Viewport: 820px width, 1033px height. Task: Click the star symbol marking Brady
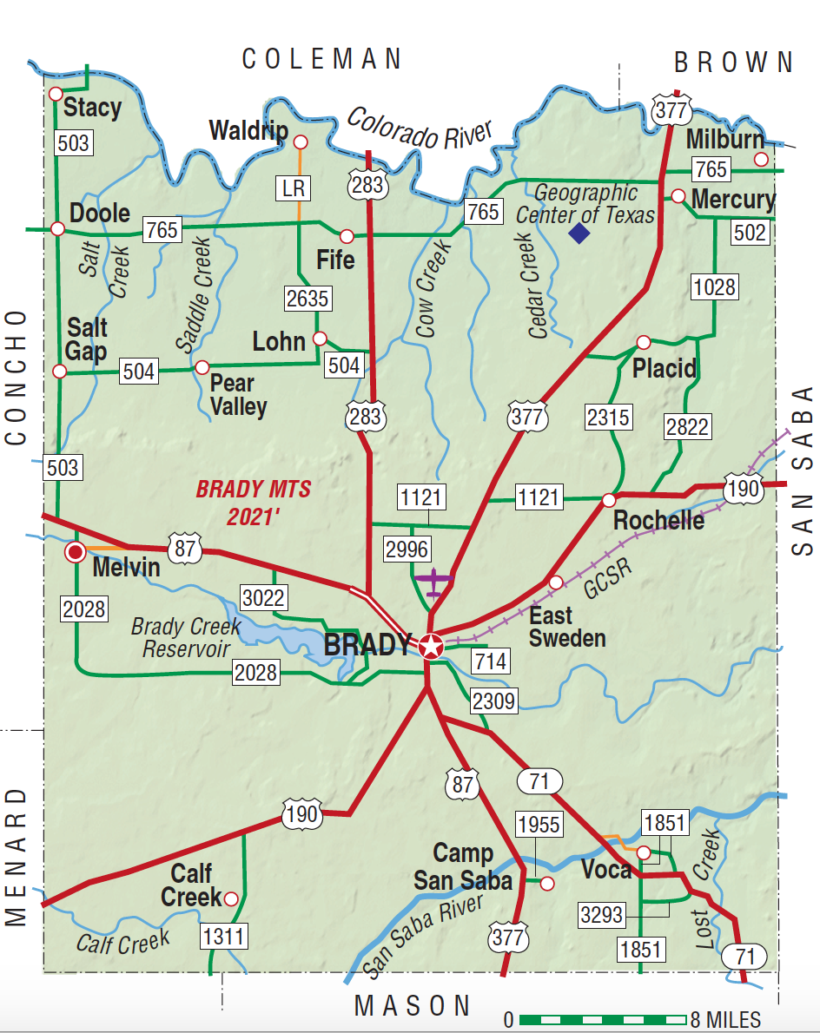click(x=430, y=646)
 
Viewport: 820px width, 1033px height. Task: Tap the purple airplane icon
click(x=433, y=580)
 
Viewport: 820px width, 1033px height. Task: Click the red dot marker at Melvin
click(x=76, y=552)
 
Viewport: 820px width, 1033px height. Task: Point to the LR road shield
click(x=296, y=187)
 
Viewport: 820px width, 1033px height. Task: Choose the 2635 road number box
click(x=307, y=299)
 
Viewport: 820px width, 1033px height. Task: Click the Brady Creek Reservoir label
click(x=182, y=637)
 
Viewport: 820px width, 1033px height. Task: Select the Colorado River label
click(x=420, y=128)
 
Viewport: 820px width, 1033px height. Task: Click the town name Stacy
click(x=92, y=109)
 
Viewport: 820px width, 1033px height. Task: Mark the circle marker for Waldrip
click(x=301, y=141)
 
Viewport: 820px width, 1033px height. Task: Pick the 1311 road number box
click(x=224, y=936)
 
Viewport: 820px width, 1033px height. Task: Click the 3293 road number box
click(x=603, y=914)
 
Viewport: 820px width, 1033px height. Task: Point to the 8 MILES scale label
click(x=725, y=1019)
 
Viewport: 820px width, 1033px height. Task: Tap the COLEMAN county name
click(x=322, y=59)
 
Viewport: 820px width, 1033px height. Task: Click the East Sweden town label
click(x=563, y=628)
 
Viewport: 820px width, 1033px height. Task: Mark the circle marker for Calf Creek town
click(x=231, y=898)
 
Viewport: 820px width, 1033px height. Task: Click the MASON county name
click(x=413, y=1005)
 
